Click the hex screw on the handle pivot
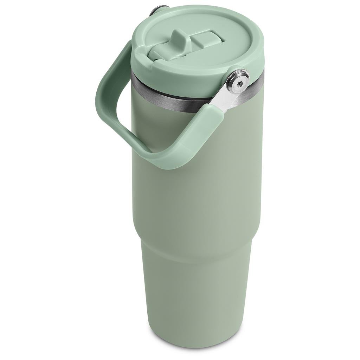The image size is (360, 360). point(238,82)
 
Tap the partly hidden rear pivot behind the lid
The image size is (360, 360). point(158,9)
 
